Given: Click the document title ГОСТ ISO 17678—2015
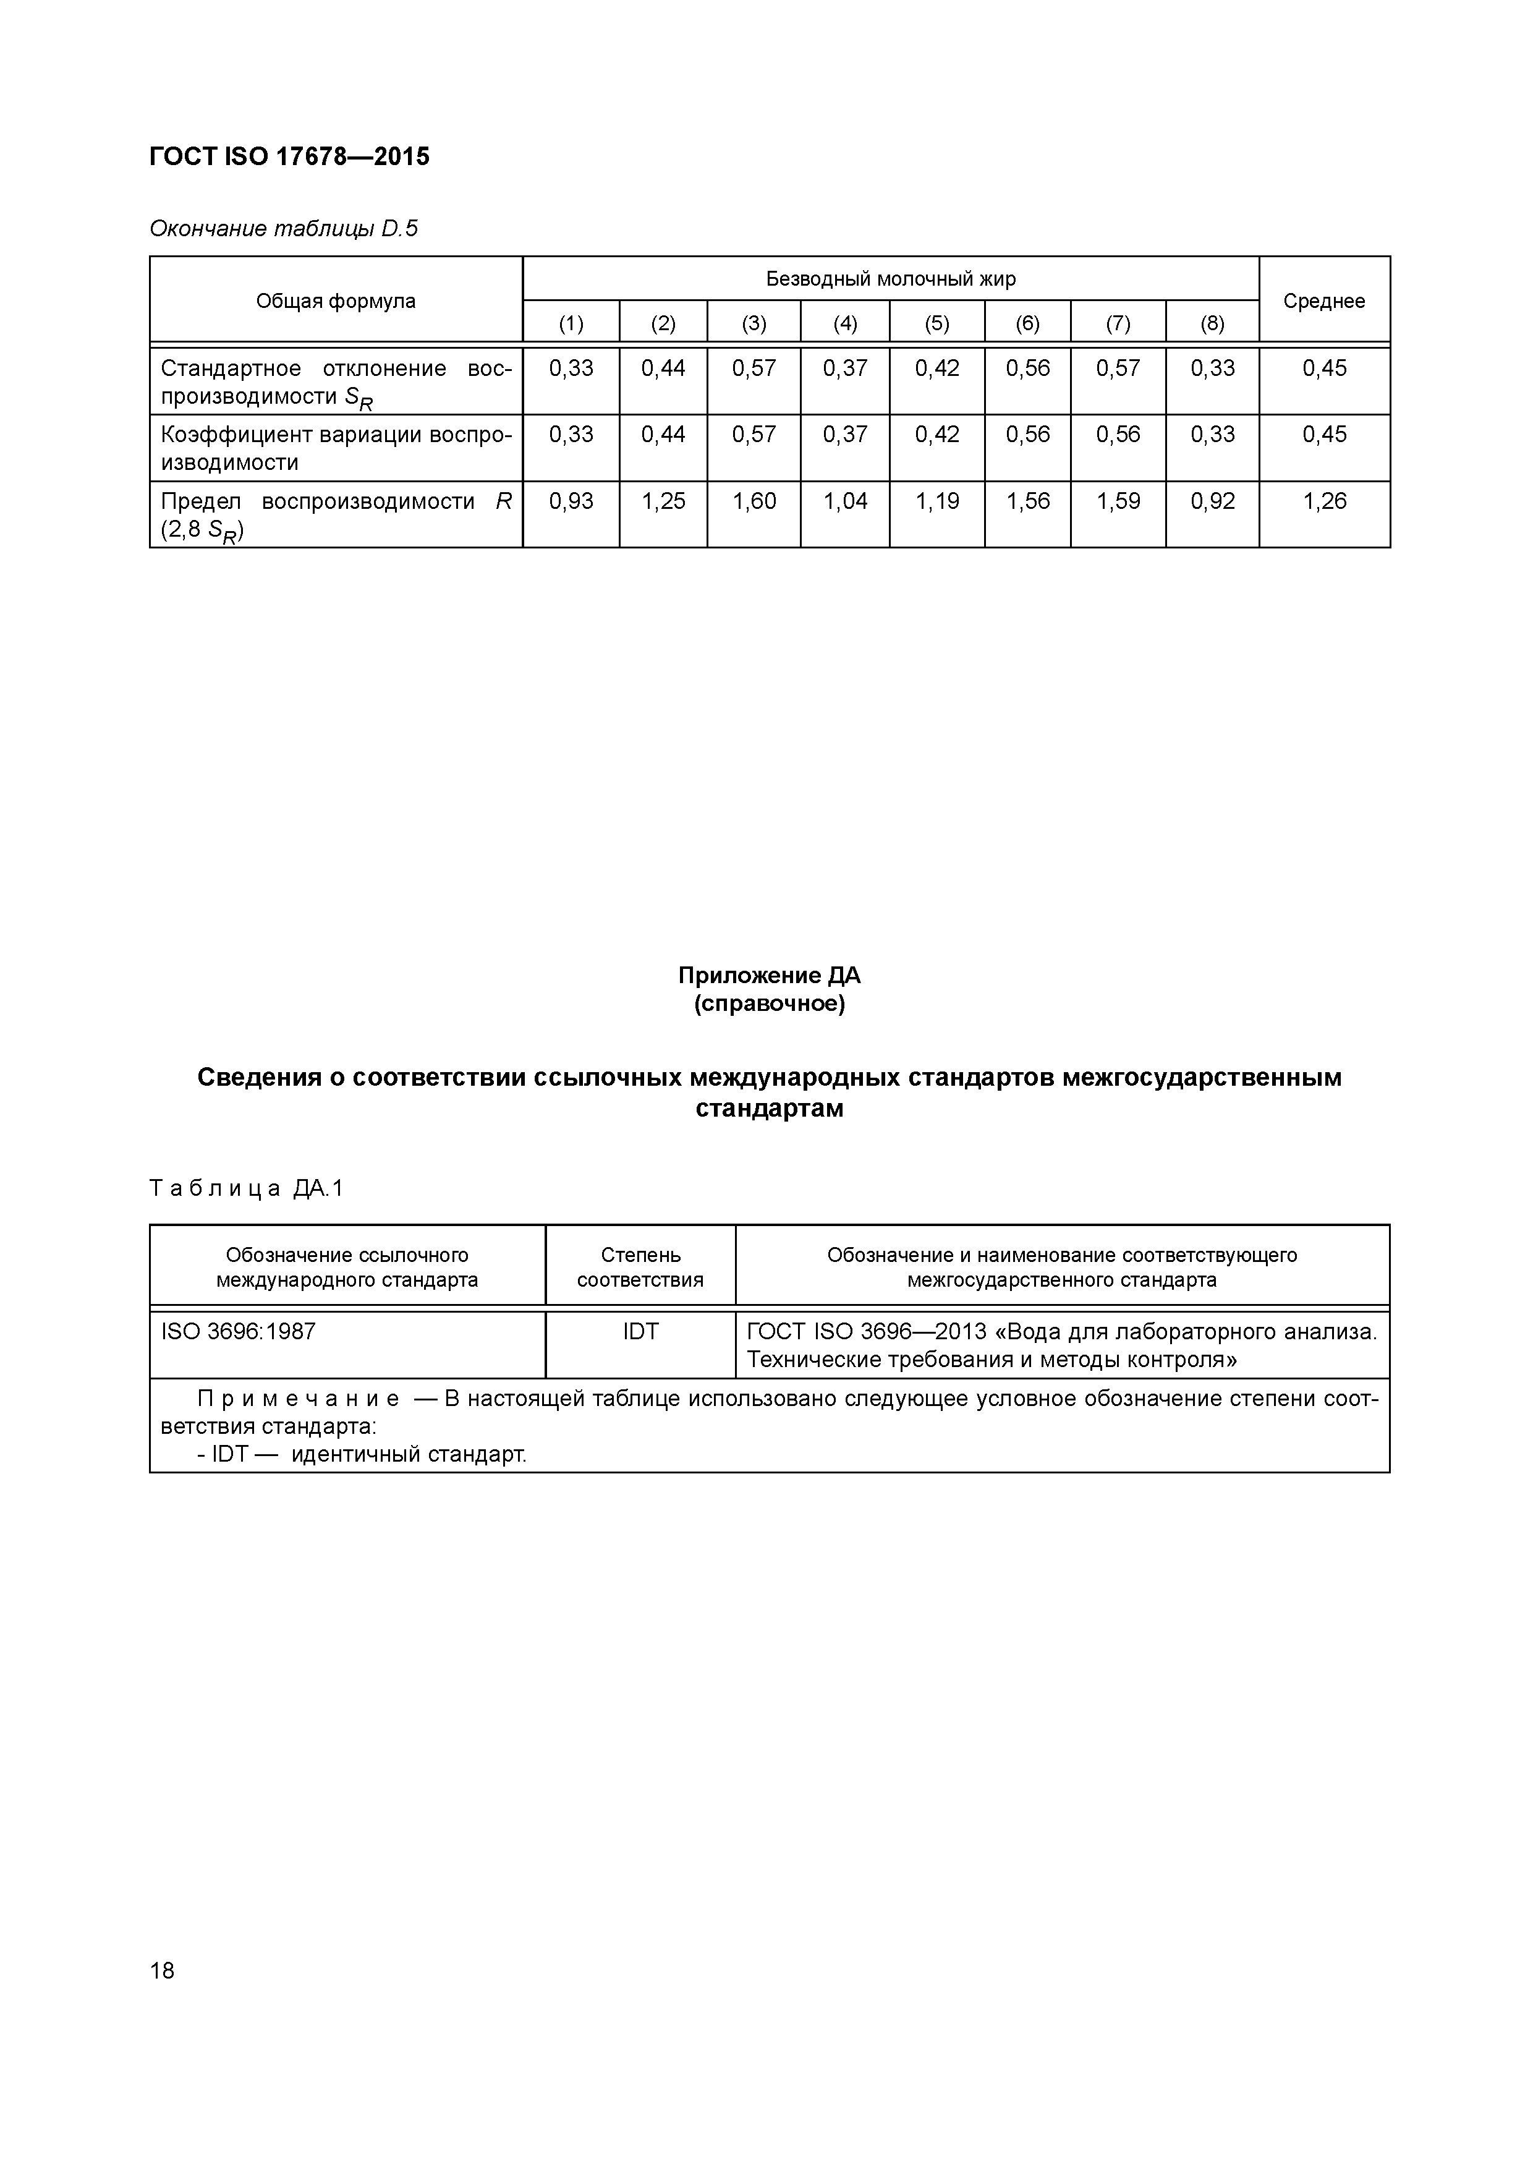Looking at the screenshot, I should [289, 156].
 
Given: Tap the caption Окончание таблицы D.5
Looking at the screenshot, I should [283, 229].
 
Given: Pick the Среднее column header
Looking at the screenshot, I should [1323, 301].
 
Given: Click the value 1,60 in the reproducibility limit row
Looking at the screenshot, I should [754, 501].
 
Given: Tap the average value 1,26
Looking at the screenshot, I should [1324, 501].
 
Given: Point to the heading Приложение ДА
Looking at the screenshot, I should [769, 975].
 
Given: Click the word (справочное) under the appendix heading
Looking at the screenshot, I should [769, 1004].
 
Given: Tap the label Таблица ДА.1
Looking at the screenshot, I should [245, 1188].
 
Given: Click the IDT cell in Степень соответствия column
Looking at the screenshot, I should [640, 1332].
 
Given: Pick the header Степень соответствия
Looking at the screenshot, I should [640, 1267].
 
